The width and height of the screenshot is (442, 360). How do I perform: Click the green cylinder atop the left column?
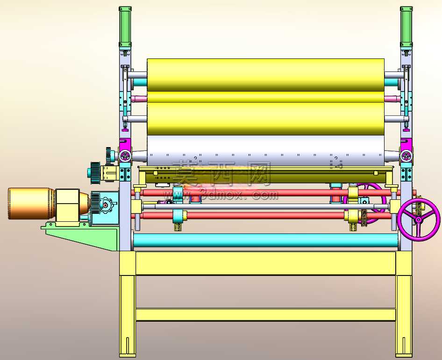pyautogui.click(x=125, y=27)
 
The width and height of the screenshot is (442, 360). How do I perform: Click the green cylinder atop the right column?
pyautogui.click(x=406, y=27)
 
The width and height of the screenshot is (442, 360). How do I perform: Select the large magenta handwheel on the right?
pyautogui.click(x=419, y=219)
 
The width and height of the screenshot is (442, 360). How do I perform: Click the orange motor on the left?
pyautogui.click(x=31, y=203)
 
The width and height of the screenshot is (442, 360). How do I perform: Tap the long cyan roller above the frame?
pyautogui.click(x=265, y=240)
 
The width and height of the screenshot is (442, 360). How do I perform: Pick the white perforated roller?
pyautogui.click(x=265, y=151)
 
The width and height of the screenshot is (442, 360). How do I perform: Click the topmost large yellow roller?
pyautogui.click(x=265, y=75)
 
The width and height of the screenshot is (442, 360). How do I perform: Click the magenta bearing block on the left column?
pyautogui.click(x=125, y=150)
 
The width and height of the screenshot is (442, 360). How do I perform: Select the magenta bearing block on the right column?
pyautogui.click(x=406, y=150)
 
